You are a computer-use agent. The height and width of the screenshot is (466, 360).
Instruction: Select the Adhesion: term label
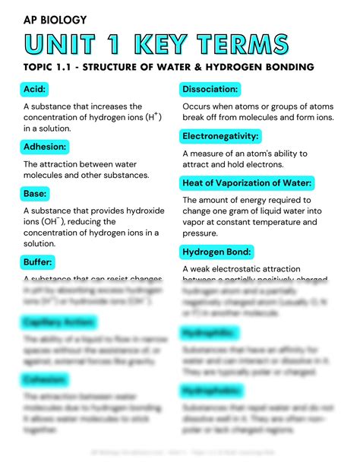pos(46,146)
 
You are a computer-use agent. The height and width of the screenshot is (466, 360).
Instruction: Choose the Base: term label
pos(37,193)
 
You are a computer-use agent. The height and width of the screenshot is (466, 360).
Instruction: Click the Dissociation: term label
pos(215,90)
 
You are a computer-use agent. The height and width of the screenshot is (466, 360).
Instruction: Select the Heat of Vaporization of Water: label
pos(248,183)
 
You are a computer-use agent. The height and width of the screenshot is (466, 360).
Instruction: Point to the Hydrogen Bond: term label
pos(218,251)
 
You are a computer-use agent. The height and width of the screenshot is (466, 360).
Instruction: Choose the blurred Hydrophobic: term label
pos(214,391)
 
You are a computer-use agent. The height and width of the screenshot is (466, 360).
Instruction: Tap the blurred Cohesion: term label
pos(45,378)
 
